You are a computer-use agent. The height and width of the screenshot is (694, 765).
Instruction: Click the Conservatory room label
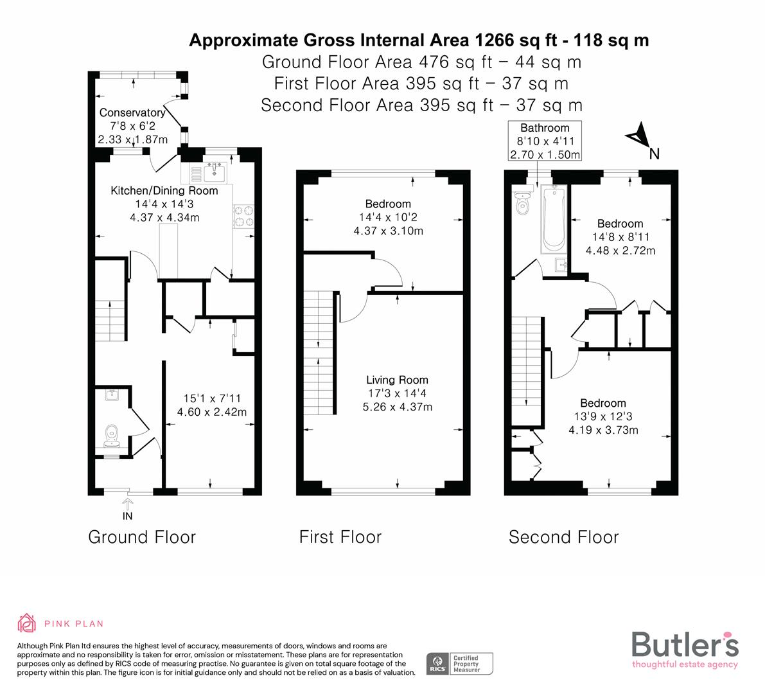(132, 113)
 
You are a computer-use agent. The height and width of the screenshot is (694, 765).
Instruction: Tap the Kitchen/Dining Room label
(164, 191)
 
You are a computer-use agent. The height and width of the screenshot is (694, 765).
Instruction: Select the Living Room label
(397, 380)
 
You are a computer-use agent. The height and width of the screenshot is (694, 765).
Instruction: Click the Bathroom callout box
(545, 141)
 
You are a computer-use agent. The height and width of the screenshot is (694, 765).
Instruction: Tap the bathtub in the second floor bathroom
(552, 218)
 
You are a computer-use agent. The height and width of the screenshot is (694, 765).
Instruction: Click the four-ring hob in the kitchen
(243, 216)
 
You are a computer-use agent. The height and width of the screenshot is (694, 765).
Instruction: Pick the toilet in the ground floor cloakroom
(111, 434)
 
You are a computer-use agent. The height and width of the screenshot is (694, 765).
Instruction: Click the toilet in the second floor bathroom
(522, 204)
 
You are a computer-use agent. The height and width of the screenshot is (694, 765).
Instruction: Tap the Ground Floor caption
(141, 537)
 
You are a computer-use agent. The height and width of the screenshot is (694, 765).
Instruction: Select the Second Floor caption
(563, 537)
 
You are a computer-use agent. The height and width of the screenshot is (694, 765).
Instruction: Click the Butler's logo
(685, 649)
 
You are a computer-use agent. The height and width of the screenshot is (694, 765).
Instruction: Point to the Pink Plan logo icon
(27, 623)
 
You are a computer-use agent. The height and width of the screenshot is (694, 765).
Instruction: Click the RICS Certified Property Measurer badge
(460, 663)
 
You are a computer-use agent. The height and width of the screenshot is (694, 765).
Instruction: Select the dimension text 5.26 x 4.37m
(397, 407)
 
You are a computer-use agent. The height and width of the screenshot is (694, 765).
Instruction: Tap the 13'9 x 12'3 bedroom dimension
(602, 416)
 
